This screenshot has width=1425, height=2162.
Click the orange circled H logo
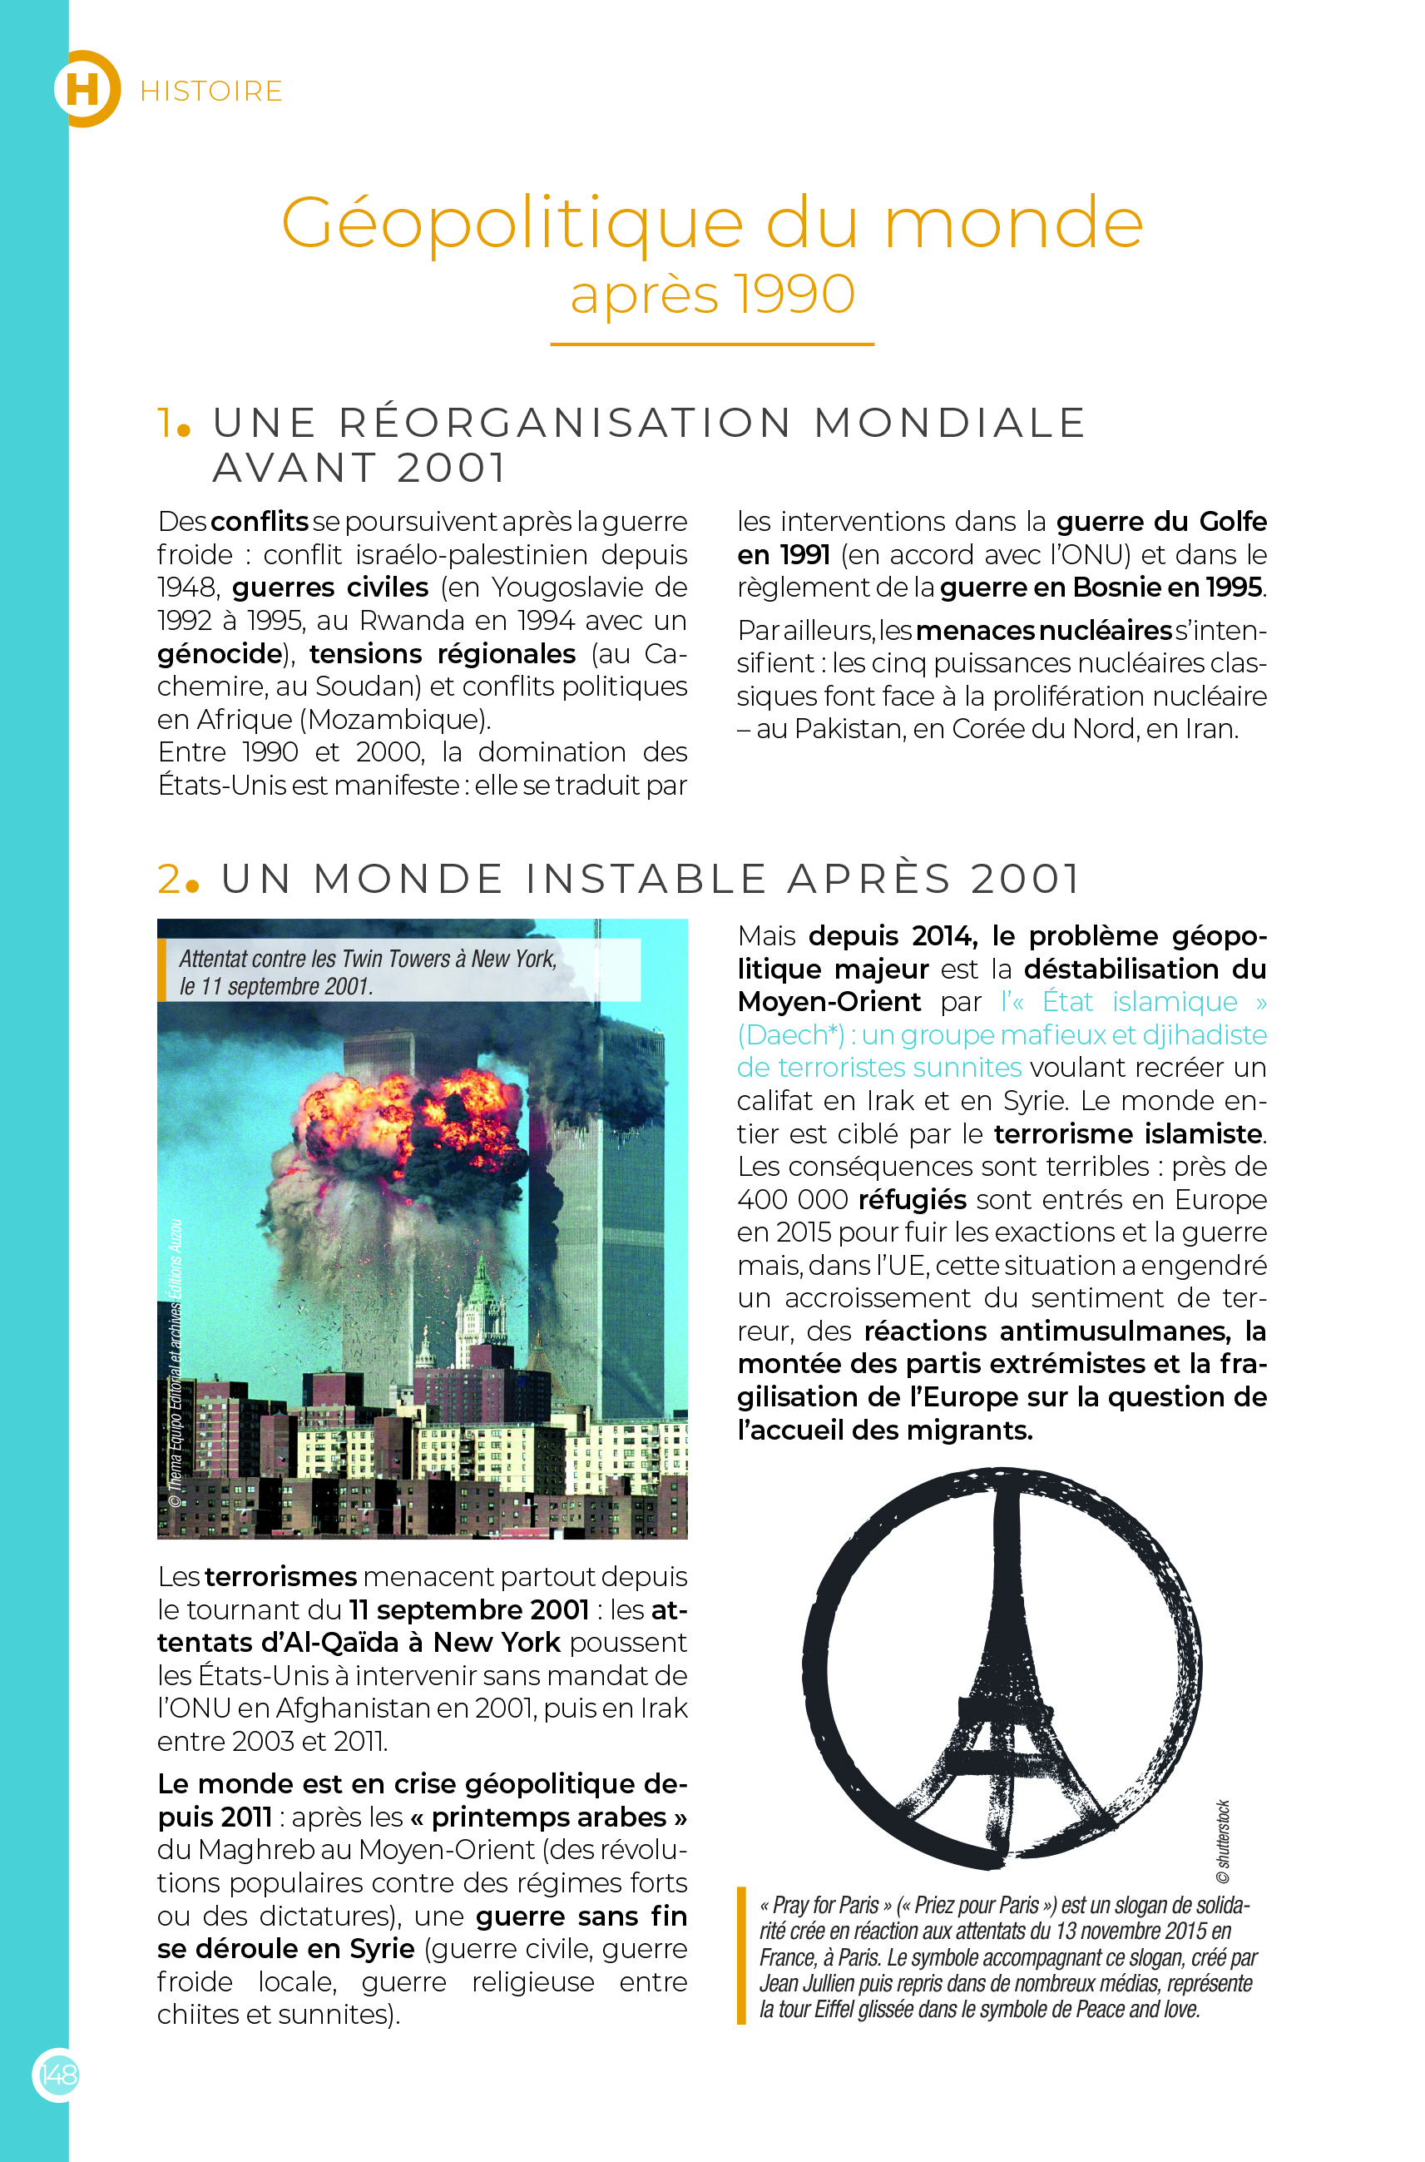point(85,89)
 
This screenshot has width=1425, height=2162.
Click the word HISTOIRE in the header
point(210,92)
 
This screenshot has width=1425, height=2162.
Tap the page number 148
point(57,2075)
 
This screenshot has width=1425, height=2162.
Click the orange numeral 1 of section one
point(167,423)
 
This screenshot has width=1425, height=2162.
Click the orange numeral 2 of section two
point(170,879)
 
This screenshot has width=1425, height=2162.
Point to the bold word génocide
point(219,654)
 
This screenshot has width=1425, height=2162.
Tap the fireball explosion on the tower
point(409,1128)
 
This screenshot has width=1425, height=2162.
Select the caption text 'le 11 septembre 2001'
point(275,986)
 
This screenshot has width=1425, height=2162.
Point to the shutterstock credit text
point(1222,1841)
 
